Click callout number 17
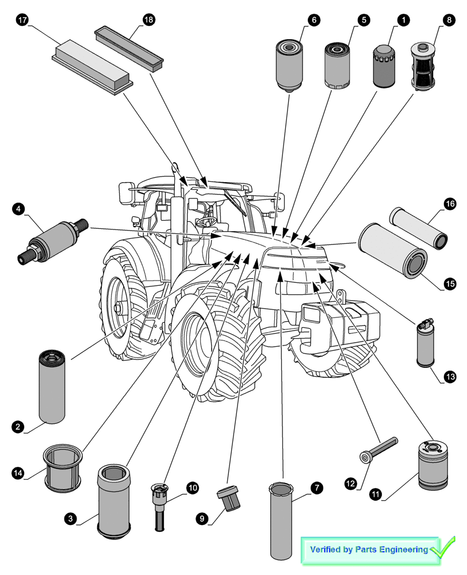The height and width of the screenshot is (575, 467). click(22, 20)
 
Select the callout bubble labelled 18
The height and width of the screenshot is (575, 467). click(148, 20)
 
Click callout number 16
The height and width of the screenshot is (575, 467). click(449, 204)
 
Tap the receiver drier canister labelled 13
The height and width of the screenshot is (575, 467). click(426, 343)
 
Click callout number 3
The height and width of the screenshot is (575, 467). click(70, 519)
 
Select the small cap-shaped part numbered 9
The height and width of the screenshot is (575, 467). click(228, 498)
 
